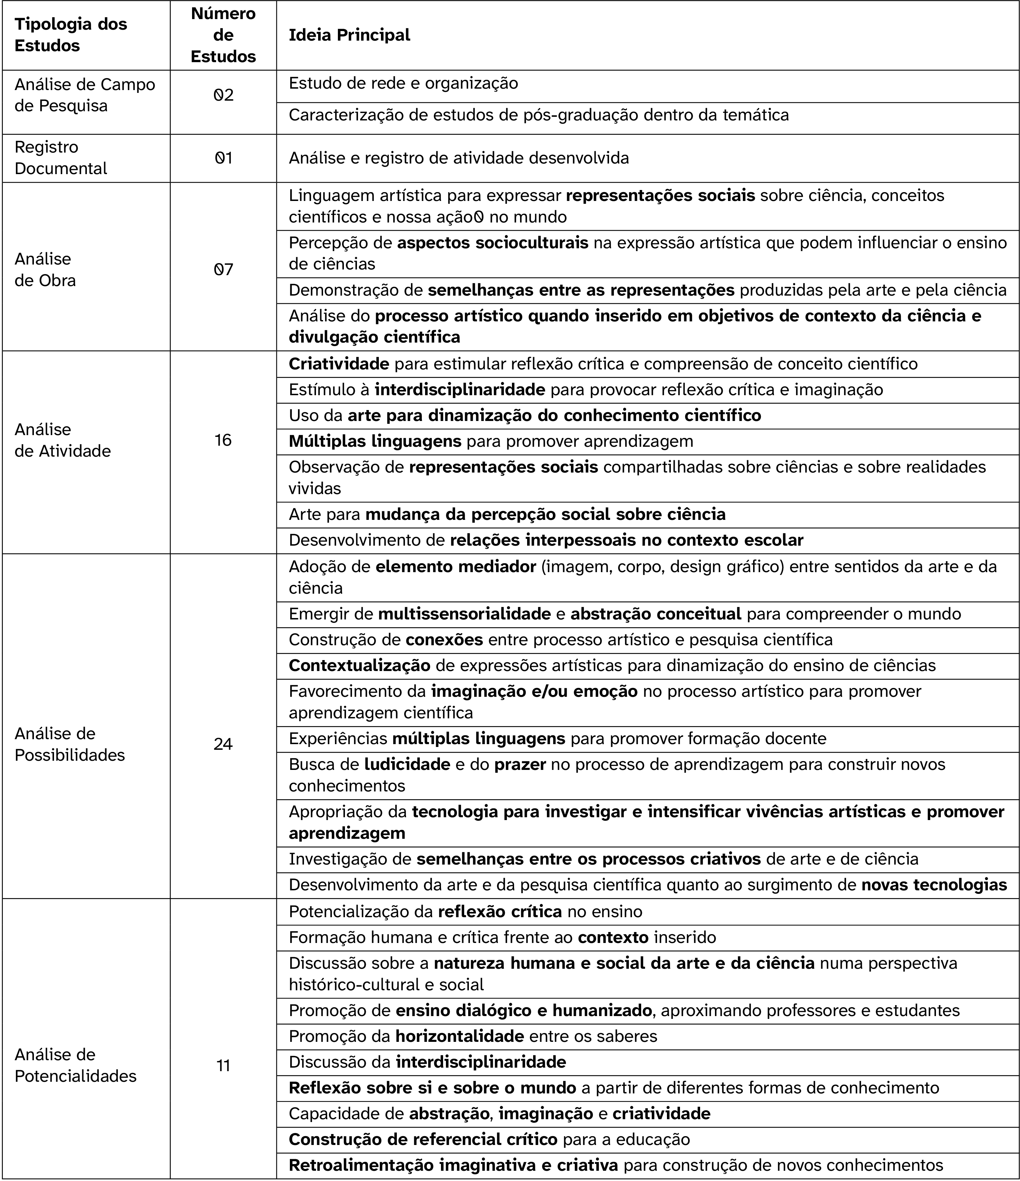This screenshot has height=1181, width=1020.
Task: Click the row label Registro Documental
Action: [60, 158]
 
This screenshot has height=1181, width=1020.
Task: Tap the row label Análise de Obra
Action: [45, 269]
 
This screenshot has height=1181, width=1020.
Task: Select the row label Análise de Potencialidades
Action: [75, 1065]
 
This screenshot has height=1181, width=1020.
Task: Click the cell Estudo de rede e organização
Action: [404, 84]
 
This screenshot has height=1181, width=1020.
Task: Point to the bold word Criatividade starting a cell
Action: [339, 364]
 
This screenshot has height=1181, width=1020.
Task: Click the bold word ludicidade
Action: [407, 764]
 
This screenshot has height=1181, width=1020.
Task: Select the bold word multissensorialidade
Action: [464, 614]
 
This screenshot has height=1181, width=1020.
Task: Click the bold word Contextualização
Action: [359, 665]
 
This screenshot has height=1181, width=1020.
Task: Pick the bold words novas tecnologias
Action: [934, 885]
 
